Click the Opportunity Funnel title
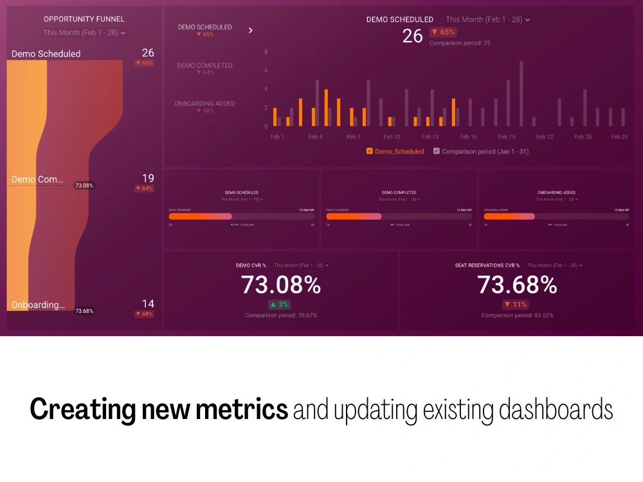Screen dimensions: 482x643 tap(84, 19)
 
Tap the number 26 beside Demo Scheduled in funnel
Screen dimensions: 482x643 tap(148, 53)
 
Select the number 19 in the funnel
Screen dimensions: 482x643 tap(148, 178)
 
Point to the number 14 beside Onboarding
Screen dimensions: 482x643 tap(148, 303)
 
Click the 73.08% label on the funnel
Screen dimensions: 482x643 tap(84, 186)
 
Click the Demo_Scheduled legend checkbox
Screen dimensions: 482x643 tap(369, 152)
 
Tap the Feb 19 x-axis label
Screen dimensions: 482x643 tap(507, 137)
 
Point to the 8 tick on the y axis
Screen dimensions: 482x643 tap(266, 51)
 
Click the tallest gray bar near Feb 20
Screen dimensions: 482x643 tap(521, 93)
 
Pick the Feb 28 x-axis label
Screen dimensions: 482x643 tap(619, 137)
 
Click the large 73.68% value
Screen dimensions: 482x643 tap(517, 285)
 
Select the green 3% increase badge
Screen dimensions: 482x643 tap(280, 305)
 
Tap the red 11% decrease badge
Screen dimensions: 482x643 tap(516, 305)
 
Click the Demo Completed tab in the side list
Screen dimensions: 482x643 tap(205, 66)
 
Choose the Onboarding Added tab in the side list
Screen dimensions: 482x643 tap(205, 103)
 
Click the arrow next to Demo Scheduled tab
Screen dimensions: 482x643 tap(251, 30)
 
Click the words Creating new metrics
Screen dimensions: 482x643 tap(159, 409)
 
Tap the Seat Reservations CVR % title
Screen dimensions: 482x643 tap(487, 265)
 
